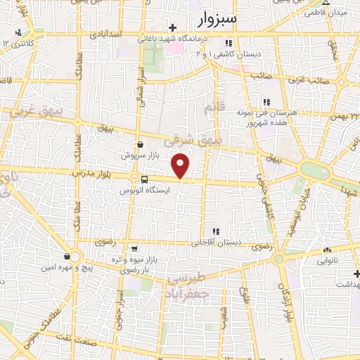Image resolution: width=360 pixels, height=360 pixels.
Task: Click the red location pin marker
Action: pyautogui.click(x=181, y=165)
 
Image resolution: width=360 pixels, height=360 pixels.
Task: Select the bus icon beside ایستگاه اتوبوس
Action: pyautogui.click(x=144, y=179)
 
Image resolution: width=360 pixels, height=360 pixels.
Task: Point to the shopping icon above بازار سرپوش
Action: pyautogui.click(x=141, y=143)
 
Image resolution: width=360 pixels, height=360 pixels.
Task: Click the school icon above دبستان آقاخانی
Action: pyautogui.click(x=216, y=231)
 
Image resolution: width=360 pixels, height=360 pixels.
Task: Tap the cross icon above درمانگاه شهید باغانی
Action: pyautogui.click(x=172, y=27)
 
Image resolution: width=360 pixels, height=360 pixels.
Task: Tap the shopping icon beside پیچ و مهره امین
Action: pyautogui.click(x=67, y=257)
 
